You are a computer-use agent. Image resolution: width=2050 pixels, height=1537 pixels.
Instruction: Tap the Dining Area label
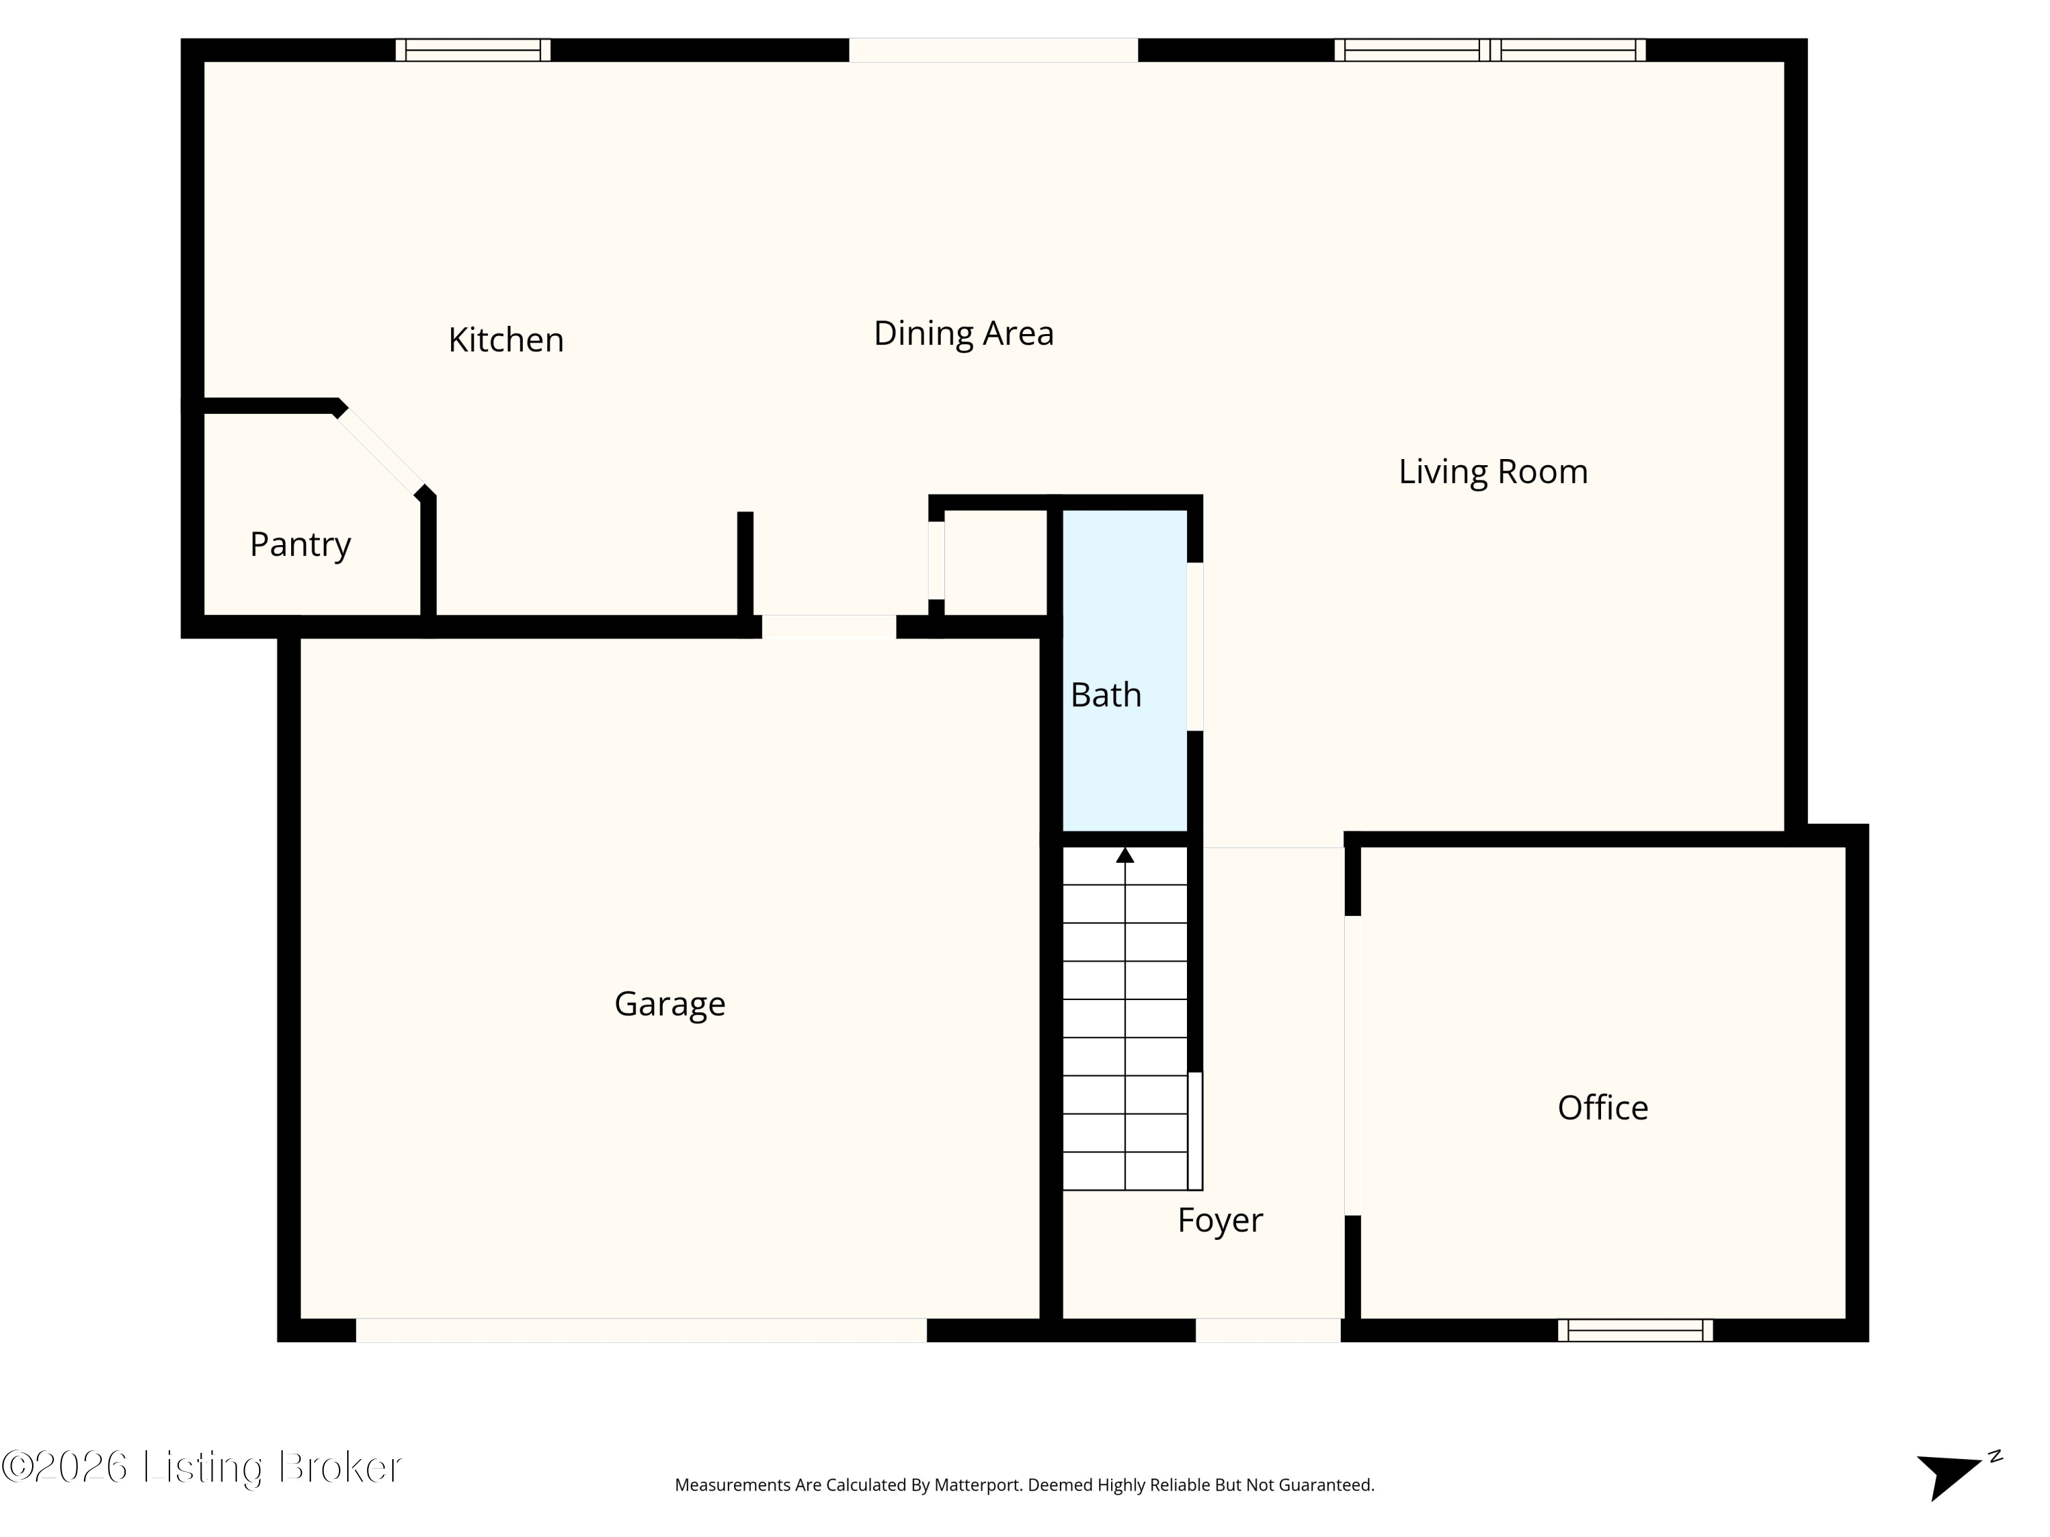coord(963,333)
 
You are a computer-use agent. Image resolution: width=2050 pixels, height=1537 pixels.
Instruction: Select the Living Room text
coord(1492,471)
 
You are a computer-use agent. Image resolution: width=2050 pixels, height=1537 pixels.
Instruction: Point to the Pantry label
coord(300,544)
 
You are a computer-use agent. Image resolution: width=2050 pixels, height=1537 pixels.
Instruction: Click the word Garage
coord(669,1003)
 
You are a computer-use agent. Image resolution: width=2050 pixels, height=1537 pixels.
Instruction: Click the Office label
coord(1602,1108)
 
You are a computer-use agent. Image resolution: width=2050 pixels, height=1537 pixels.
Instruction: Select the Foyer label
coord(1220,1220)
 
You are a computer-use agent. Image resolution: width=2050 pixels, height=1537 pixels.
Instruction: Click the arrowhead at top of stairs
coord(1124,855)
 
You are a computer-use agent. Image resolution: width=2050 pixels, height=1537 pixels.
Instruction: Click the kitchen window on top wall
coord(473,50)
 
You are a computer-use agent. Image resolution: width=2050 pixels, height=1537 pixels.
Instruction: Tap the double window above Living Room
coord(1489,50)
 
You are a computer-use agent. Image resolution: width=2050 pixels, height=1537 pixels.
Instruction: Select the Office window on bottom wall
coord(1635,1331)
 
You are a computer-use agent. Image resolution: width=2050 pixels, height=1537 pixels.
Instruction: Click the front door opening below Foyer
coord(1267,1331)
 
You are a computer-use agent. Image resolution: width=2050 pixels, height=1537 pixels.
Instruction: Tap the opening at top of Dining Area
coord(993,50)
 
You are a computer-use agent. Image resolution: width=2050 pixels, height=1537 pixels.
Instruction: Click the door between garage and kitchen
coord(828,627)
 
